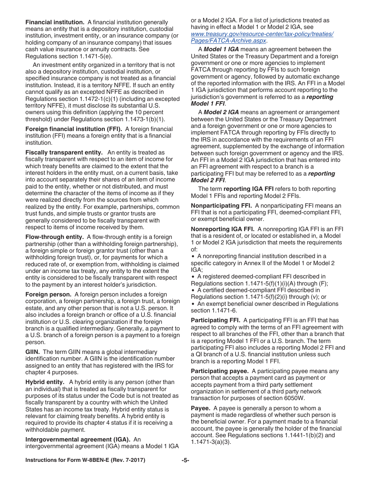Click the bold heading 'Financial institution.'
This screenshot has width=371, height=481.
coord(55,22)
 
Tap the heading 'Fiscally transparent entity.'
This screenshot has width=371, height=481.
coord(64,152)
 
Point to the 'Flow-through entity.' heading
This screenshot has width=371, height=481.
coord(55,237)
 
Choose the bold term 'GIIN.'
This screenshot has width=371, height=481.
coord(33,352)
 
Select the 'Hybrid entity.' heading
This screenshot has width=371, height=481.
coord(45,382)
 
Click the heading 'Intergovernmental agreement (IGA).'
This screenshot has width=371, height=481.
coord(78,440)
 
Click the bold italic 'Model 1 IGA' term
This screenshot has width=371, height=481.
coord(221,49)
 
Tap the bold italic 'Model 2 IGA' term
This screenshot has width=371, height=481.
coord(221,112)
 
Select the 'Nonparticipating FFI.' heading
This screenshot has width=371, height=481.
coord(221,206)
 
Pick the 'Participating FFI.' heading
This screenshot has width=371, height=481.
coord(216,320)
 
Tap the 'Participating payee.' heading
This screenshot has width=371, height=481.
coord(219,371)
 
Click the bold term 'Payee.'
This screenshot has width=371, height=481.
coord(201,408)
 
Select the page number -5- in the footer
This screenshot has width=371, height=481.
coord(185,460)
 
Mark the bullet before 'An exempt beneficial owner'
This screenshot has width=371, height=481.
coord(193,304)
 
